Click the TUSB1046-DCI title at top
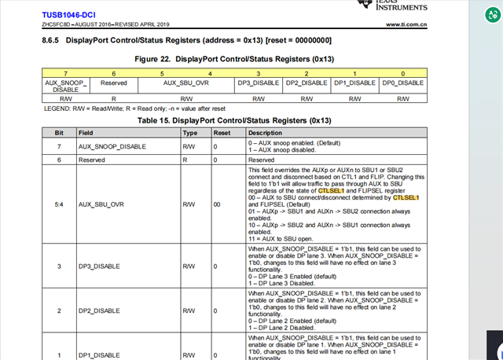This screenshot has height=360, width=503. [69, 13]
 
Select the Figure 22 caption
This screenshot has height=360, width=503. [233, 59]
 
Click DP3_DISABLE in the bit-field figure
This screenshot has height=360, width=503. [259, 83]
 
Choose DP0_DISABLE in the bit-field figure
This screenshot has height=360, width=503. [403, 83]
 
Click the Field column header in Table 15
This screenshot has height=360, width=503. [87, 133]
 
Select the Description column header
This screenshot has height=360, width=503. [265, 133]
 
